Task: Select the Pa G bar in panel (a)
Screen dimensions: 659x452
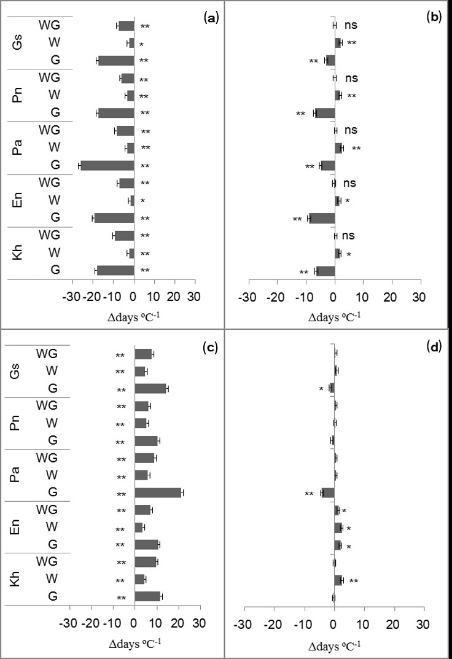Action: click(107, 166)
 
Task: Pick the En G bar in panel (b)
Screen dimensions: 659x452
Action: click(322, 218)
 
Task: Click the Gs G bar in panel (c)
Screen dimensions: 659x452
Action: click(150, 388)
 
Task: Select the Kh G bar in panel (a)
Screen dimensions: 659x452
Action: click(115, 270)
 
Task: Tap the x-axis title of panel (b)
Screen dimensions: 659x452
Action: click(335, 316)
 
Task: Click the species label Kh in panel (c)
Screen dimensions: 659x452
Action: click(17, 580)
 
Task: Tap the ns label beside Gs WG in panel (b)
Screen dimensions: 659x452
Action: click(351, 25)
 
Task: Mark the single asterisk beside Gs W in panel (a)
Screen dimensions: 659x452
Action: click(141, 44)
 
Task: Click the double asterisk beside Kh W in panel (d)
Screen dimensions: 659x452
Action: click(354, 580)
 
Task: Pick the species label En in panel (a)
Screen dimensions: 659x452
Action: click(17, 200)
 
